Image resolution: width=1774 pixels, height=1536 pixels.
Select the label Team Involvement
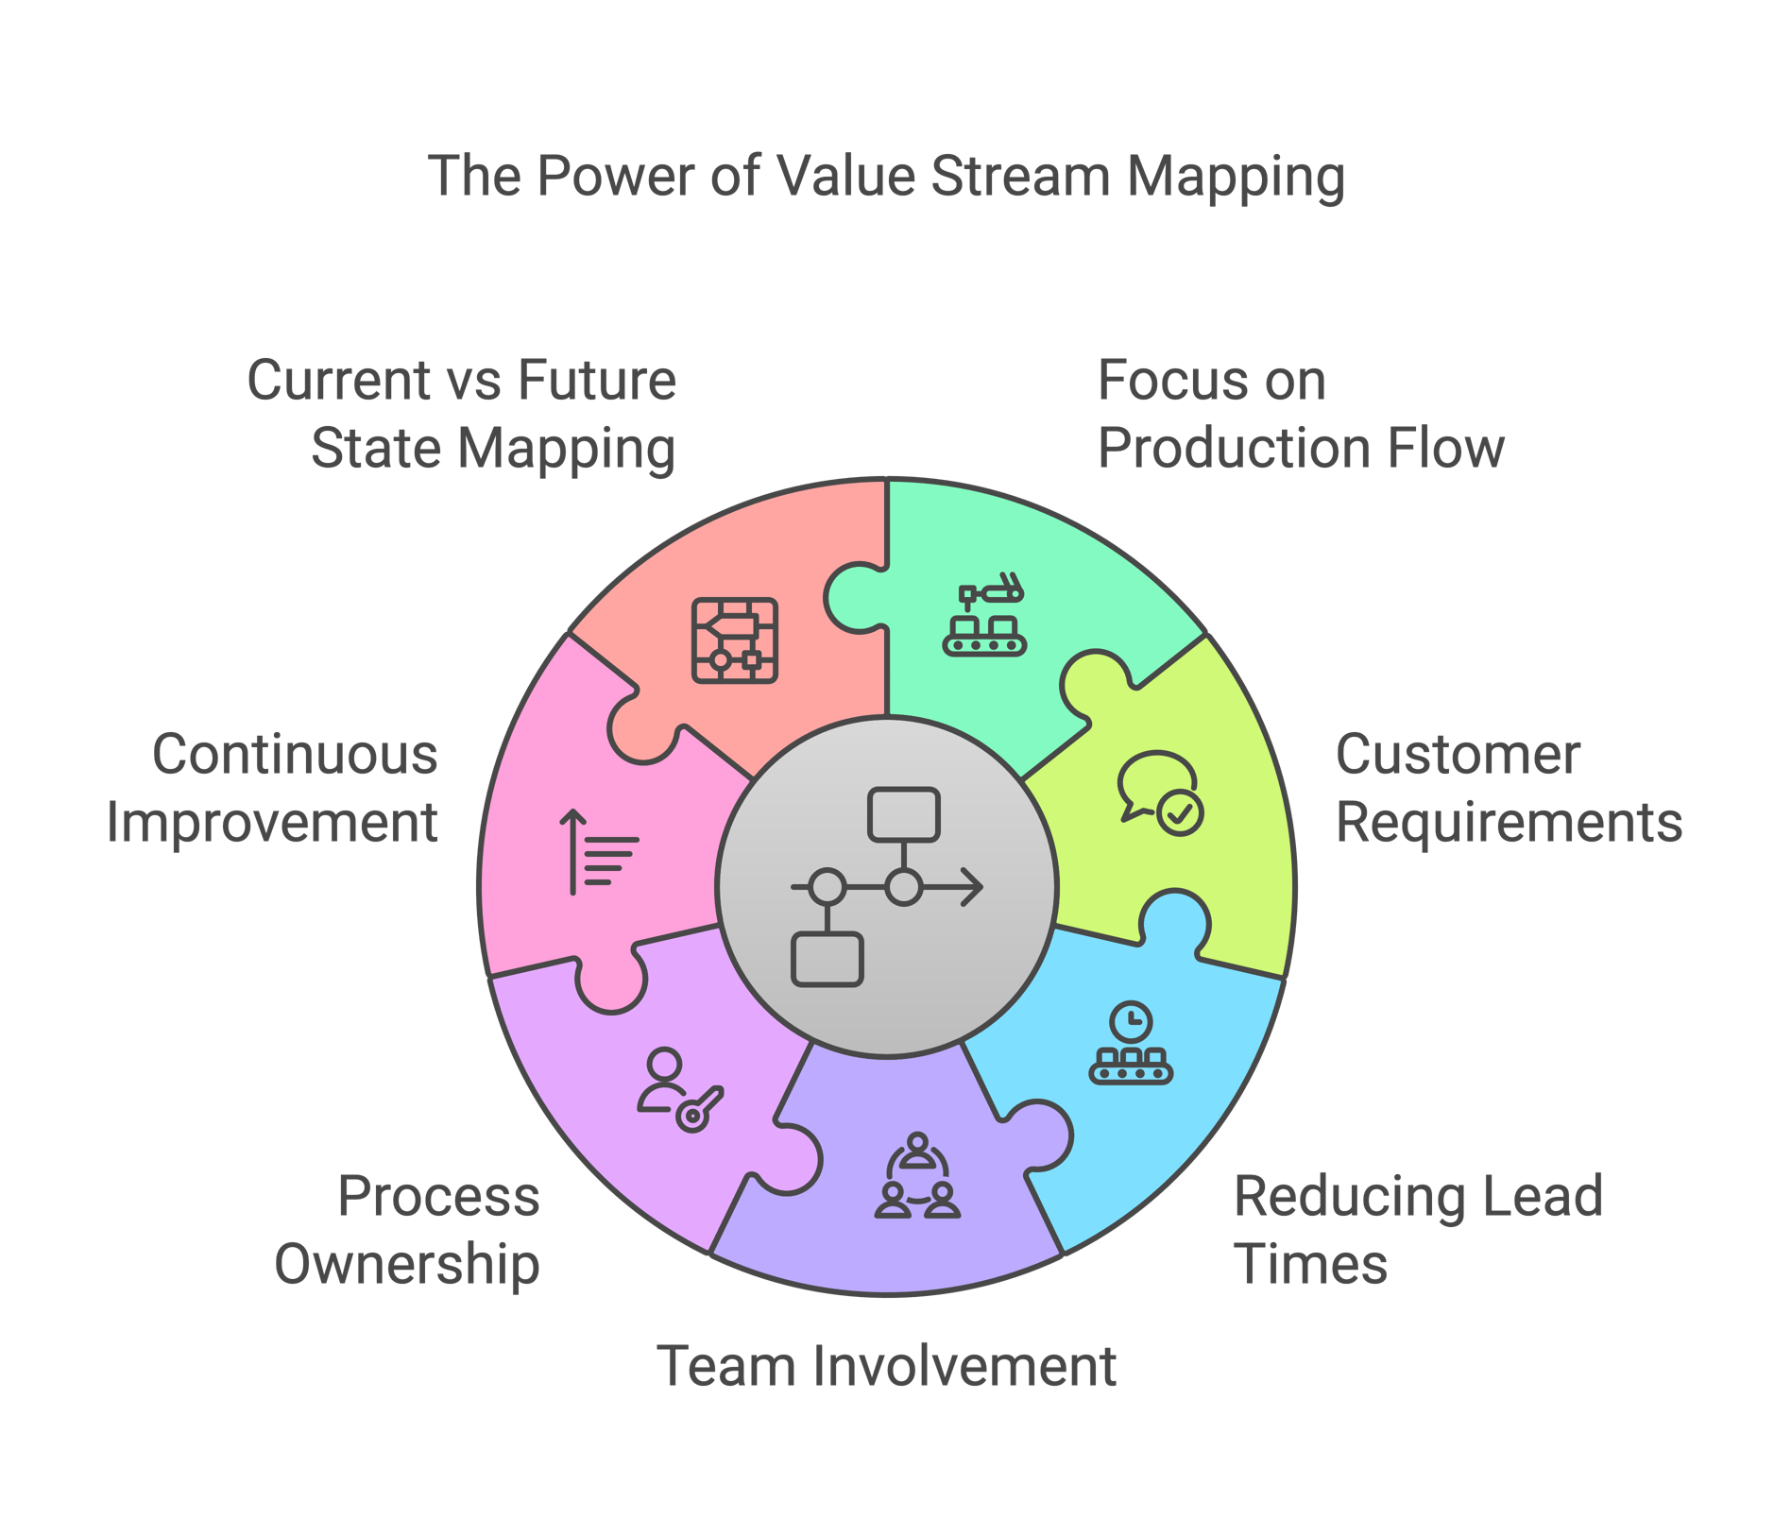(x=886, y=1366)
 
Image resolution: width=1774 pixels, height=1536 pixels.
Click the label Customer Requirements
(x=1508, y=788)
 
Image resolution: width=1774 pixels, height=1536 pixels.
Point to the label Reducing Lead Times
(x=1417, y=1229)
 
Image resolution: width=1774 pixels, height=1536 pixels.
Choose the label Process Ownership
(x=408, y=1229)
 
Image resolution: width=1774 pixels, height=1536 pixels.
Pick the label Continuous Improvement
(x=273, y=788)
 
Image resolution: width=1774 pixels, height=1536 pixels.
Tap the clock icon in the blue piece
(x=1131, y=1021)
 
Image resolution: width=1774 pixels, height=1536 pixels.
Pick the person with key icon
(x=679, y=1090)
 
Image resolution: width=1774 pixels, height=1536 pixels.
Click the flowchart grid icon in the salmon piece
(x=734, y=640)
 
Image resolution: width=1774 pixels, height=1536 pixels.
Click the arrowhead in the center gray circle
(x=973, y=887)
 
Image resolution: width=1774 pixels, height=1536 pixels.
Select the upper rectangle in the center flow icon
(x=903, y=814)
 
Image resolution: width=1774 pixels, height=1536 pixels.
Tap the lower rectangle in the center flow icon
(x=827, y=960)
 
